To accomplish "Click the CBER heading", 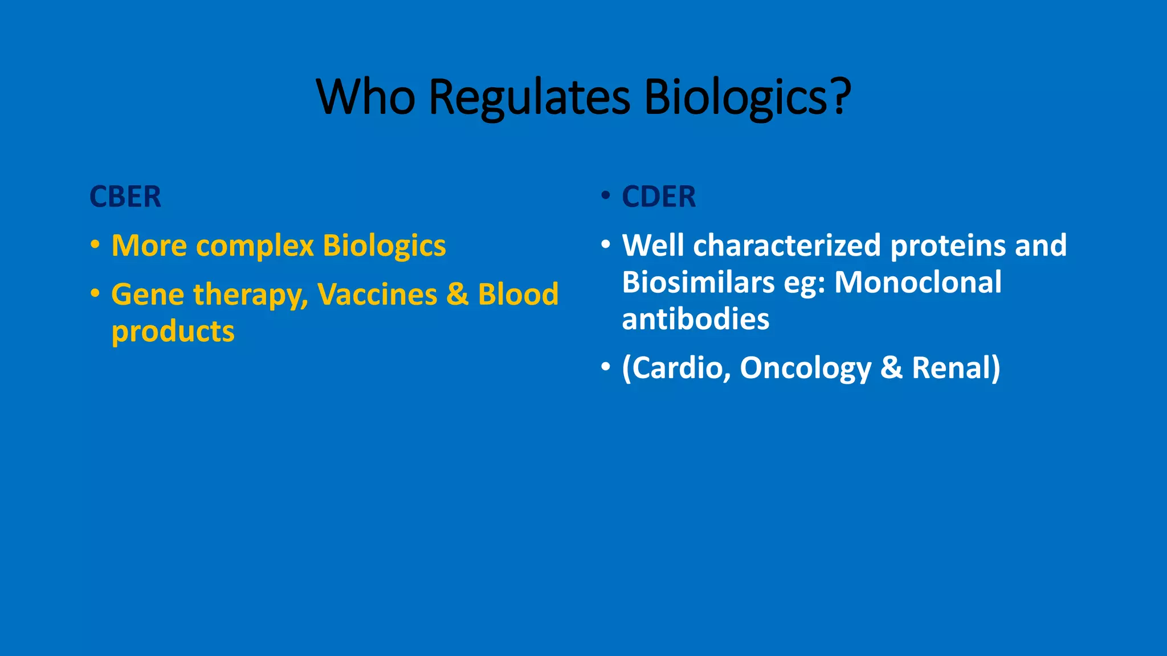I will click(125, 197).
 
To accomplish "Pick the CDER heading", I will click(659, 197).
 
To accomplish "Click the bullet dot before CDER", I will click(606, 196).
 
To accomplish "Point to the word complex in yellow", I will click(255, 246).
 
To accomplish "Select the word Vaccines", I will click(377, 294).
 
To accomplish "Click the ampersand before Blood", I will click(457, 294).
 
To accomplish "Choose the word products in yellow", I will click(173, 331).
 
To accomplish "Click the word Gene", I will click(148, 294).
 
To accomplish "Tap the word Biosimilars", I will click(698, 282).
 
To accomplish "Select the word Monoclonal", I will click(917, 282).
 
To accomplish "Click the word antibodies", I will click(695, 319).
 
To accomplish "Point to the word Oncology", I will click(805, 368).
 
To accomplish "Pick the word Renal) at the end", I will click(956, 368).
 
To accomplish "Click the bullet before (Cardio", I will click(606, 367).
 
